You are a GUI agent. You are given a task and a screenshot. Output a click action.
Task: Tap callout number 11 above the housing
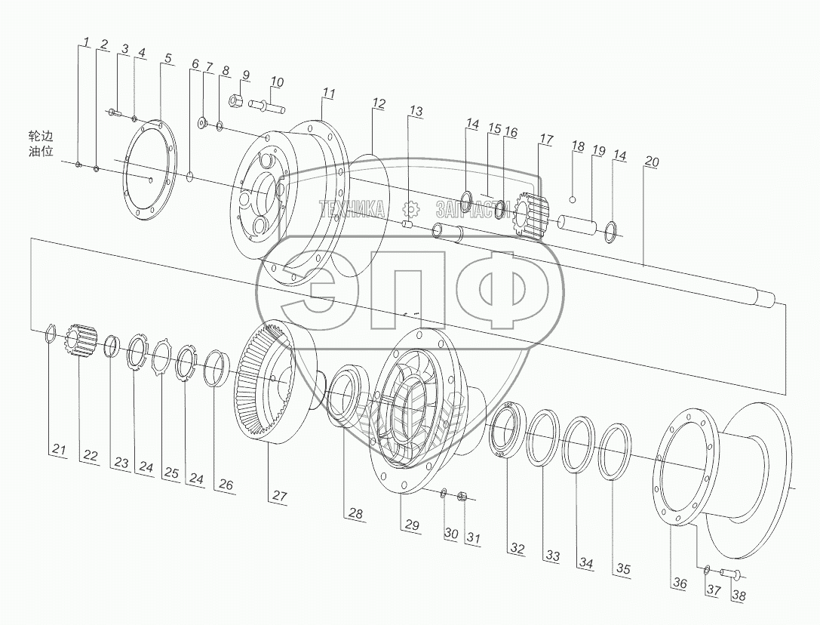pos(328,93)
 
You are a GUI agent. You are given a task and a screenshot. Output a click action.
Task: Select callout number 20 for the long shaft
pos(652,162)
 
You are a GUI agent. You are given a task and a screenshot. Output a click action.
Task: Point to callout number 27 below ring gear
pos(280,496)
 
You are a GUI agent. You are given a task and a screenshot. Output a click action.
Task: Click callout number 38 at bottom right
pos(739,596)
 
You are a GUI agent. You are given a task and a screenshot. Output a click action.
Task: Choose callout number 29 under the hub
pos(410,525)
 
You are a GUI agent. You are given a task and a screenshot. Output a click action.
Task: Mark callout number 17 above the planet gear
pos(546,140)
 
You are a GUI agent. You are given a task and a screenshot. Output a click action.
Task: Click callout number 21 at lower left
pos(59,450)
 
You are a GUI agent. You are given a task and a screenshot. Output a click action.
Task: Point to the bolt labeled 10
pos(266,106)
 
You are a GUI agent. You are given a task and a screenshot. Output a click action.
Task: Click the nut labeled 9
pos(235,100)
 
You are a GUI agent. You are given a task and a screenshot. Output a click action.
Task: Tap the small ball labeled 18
pos(574,200)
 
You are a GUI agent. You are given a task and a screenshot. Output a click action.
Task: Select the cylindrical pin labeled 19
pos(578,225)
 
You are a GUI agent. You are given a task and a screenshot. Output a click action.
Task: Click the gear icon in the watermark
pos(410,209)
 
